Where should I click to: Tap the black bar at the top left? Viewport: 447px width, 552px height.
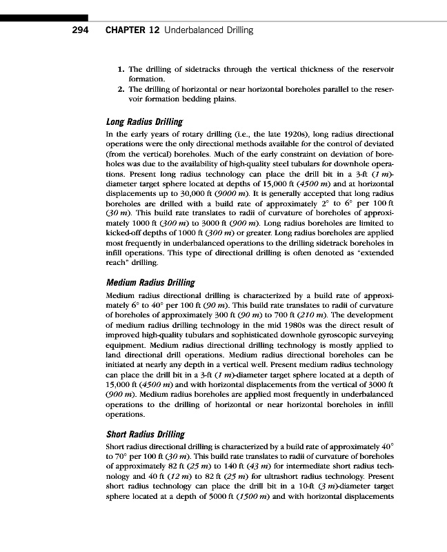[x=44, y=17]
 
